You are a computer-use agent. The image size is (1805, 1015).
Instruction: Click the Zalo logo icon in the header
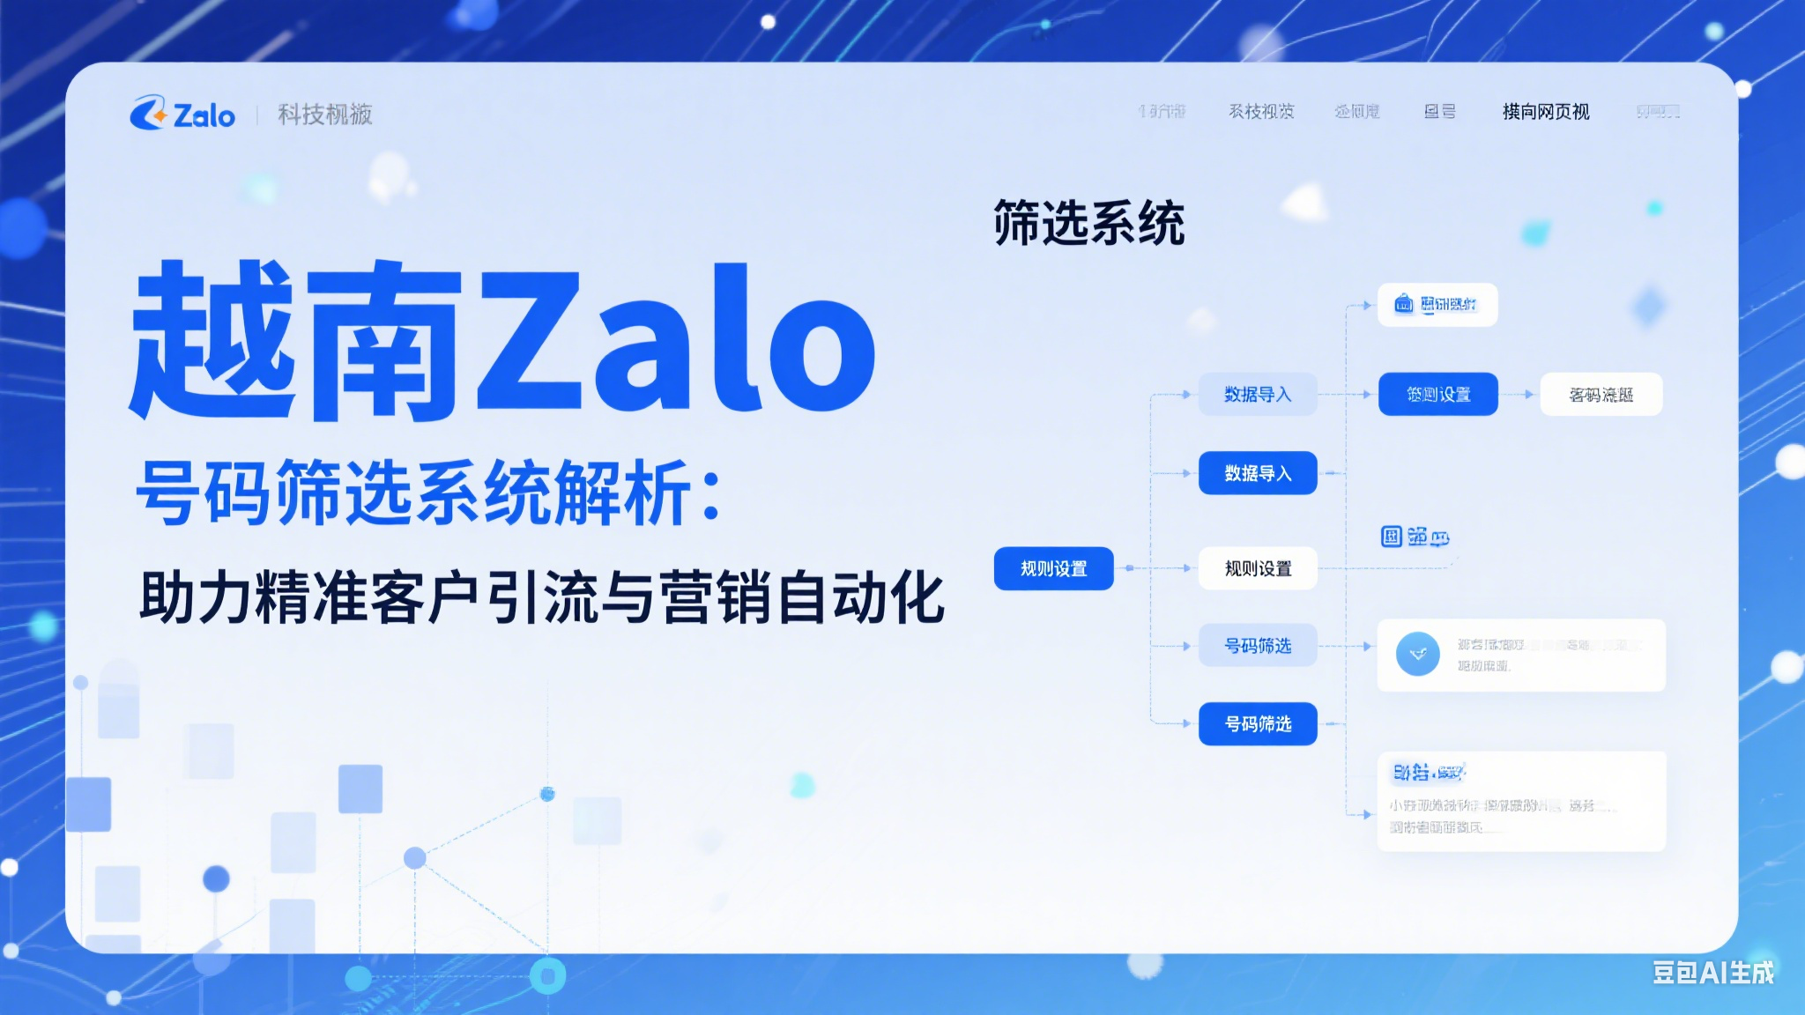pyautogui.click(x=148, y=114)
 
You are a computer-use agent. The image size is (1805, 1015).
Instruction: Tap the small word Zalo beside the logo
pyautogui.click(x=204, y=115)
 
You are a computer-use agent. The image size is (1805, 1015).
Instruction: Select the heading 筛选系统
pyautogui.click(x=1088, y=223)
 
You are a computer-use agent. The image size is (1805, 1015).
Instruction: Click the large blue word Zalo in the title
pyautogui.click(x=676, y=339)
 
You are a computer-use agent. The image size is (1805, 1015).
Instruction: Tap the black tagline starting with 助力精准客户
pyautogui.click(x=542, y=597)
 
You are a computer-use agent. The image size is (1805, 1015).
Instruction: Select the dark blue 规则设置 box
pyautogui.click(x=1053, y=568)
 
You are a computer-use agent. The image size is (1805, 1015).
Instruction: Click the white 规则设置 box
pyautogui.click(x=1258, y=568)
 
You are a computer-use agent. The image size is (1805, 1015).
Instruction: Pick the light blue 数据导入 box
pyautogui.click(x=1258, y=394)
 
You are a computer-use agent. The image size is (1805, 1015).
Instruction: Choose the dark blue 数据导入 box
pyautogui.click(x=1258, y=473)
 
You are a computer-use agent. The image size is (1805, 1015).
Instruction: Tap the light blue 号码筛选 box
pyautogui.click(x=1258, y=645)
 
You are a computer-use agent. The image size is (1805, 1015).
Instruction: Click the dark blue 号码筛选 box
pyautogui.click(x=1258, y=723)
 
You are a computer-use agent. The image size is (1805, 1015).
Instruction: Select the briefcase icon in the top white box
pyautogui.click(x=1404, y=304)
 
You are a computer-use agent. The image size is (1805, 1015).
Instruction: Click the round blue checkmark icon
pyautogui.click(x=1417, y=654)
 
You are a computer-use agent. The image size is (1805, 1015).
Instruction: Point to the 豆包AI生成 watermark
pyautogui.click(x=1712, y=972)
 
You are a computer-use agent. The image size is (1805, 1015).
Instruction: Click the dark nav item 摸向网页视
pyautogui.click(x=1546, y=112)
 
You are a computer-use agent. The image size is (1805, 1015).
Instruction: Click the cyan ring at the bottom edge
pyautogui.click(x=547, y=975)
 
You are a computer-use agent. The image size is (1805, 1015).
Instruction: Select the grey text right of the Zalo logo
pyautogui.click(x=325, y=115)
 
